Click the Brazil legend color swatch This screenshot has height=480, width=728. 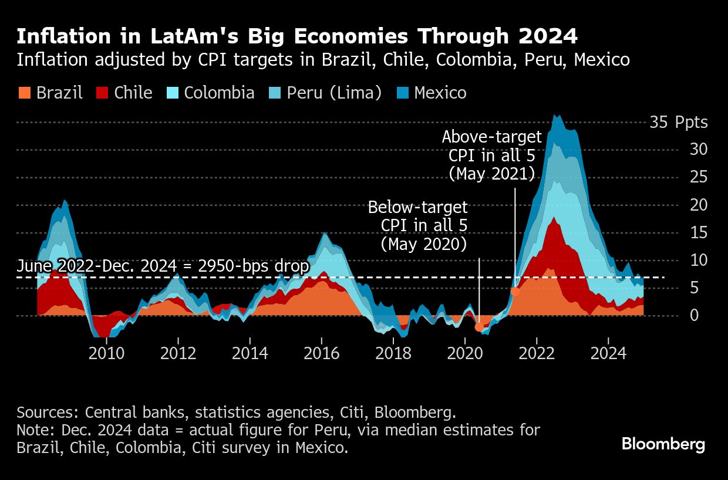tap(23, 93)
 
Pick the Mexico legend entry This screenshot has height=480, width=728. tap(432, 93)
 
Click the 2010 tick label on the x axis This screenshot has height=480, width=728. tap(106, 354)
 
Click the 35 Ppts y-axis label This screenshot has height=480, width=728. tap(678, 123)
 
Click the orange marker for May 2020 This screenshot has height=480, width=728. tap(480, 327)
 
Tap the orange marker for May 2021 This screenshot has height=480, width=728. tap(515, 291)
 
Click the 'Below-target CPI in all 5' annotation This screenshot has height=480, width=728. tap(418, 225)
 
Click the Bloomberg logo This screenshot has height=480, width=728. tap(663, 444)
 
